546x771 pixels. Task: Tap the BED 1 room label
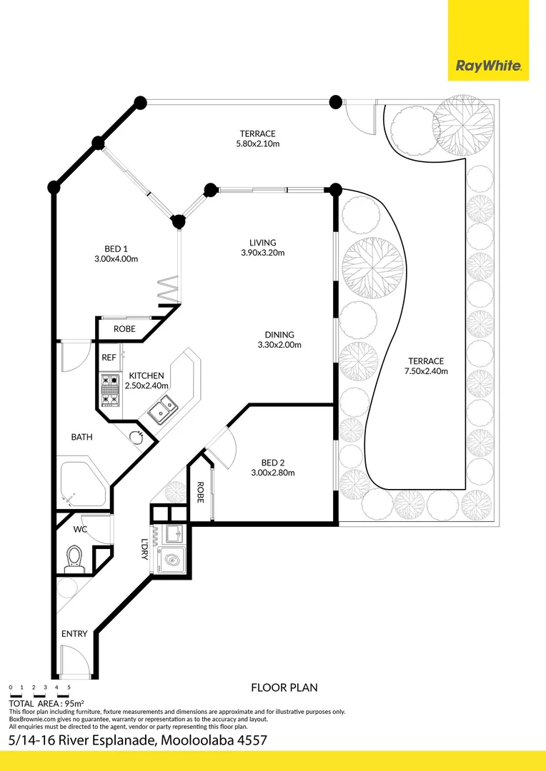[115, 249]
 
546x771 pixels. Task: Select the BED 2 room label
[272, 462]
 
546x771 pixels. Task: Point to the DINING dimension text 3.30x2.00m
[279, 345]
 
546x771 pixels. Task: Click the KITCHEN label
[146, 376]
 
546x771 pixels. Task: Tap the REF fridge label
[109, 357]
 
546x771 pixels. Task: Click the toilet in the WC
[74, 558]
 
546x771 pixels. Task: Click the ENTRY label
[74, 634]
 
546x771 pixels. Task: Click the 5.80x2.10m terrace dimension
[257, 143]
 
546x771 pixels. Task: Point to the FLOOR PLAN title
[284, 687]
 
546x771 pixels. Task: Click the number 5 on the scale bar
[69, 687]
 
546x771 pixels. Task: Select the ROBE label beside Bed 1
[124, 329]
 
